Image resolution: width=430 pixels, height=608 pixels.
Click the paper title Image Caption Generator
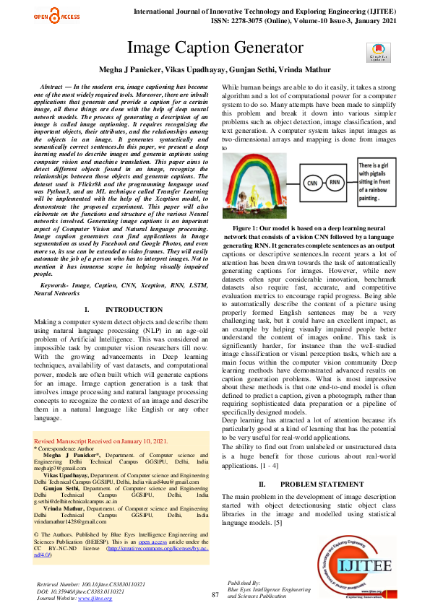click(215, 48)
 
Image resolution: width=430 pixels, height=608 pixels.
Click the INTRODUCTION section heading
click(119, 309)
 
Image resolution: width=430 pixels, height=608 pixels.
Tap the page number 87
click(215, 595)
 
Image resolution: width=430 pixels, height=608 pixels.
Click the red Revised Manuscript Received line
click(101, 440)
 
